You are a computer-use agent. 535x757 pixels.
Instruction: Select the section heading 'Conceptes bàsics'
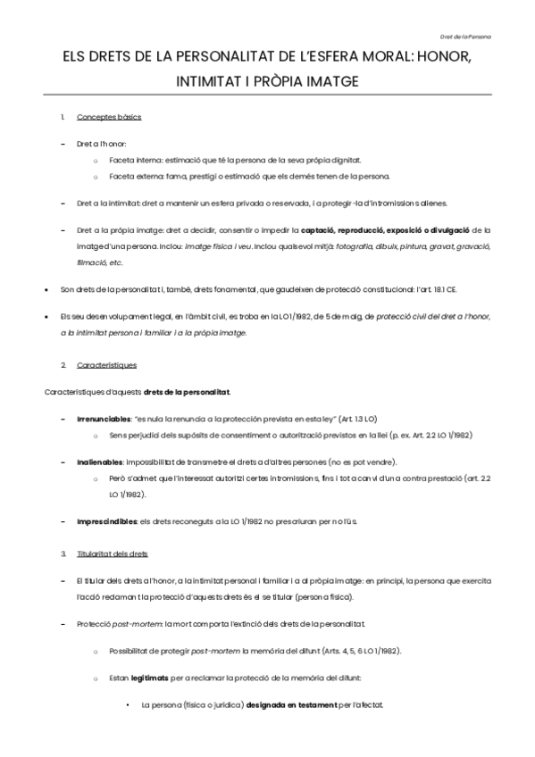click(109, 118)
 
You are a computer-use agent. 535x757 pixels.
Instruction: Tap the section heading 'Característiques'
click(107, 365)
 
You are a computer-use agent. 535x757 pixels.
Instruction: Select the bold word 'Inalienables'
click(98, 462)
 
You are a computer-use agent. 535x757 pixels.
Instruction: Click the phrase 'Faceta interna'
click(134, 160)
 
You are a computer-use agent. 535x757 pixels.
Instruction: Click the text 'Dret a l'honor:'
click(102, 143)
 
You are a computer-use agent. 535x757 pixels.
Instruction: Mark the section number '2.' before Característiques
click(63, 365)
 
